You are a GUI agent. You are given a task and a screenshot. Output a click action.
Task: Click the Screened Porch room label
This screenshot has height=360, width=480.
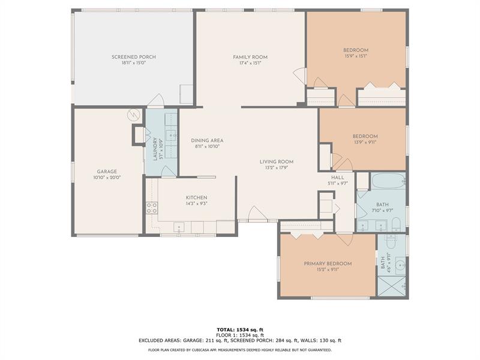coord(133,57)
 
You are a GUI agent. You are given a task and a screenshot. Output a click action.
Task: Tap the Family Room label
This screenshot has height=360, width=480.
coord(250,57)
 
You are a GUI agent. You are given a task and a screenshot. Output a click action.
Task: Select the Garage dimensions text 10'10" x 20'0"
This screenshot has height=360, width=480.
coord(107,177)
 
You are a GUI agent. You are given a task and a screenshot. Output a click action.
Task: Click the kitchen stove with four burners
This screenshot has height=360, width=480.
coord(152,208)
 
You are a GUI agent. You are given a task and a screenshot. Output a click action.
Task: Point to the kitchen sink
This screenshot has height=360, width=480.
coord(179,227)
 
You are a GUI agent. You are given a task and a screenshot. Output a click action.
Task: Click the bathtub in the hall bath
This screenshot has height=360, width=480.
coord(388,181)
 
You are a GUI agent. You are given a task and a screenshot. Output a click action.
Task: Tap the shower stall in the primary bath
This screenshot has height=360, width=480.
coord(392,286)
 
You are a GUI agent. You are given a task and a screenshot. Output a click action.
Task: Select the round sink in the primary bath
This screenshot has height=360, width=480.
coord(400,266)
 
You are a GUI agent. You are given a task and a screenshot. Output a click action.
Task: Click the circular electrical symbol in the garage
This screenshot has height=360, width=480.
coord(133,115)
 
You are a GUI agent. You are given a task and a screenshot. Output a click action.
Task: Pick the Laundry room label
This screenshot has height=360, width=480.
coord(155,149)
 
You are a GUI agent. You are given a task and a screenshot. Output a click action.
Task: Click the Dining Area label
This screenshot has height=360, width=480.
coord(207,140)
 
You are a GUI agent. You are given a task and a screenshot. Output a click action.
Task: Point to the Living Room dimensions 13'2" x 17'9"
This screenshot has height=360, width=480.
coord(277,167)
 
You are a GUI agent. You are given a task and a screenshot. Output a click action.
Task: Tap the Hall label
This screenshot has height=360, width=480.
coord(337,178)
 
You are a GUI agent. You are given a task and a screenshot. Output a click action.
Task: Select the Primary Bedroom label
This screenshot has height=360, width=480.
coord(328,263)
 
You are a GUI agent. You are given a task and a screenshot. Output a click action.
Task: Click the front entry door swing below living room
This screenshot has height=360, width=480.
coord(257,214)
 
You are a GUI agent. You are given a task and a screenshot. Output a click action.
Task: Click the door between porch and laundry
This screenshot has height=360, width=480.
coord(156,100)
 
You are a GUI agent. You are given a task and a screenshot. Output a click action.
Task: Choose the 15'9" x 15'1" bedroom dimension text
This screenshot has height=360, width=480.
coord(355,56)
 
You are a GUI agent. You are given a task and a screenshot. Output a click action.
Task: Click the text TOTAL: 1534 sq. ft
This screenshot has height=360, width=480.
coord(240,329)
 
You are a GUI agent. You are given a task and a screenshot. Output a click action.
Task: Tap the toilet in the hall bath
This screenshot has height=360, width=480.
coord(396,224)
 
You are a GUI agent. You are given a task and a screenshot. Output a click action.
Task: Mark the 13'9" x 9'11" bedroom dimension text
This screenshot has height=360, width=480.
coord(365,142)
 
